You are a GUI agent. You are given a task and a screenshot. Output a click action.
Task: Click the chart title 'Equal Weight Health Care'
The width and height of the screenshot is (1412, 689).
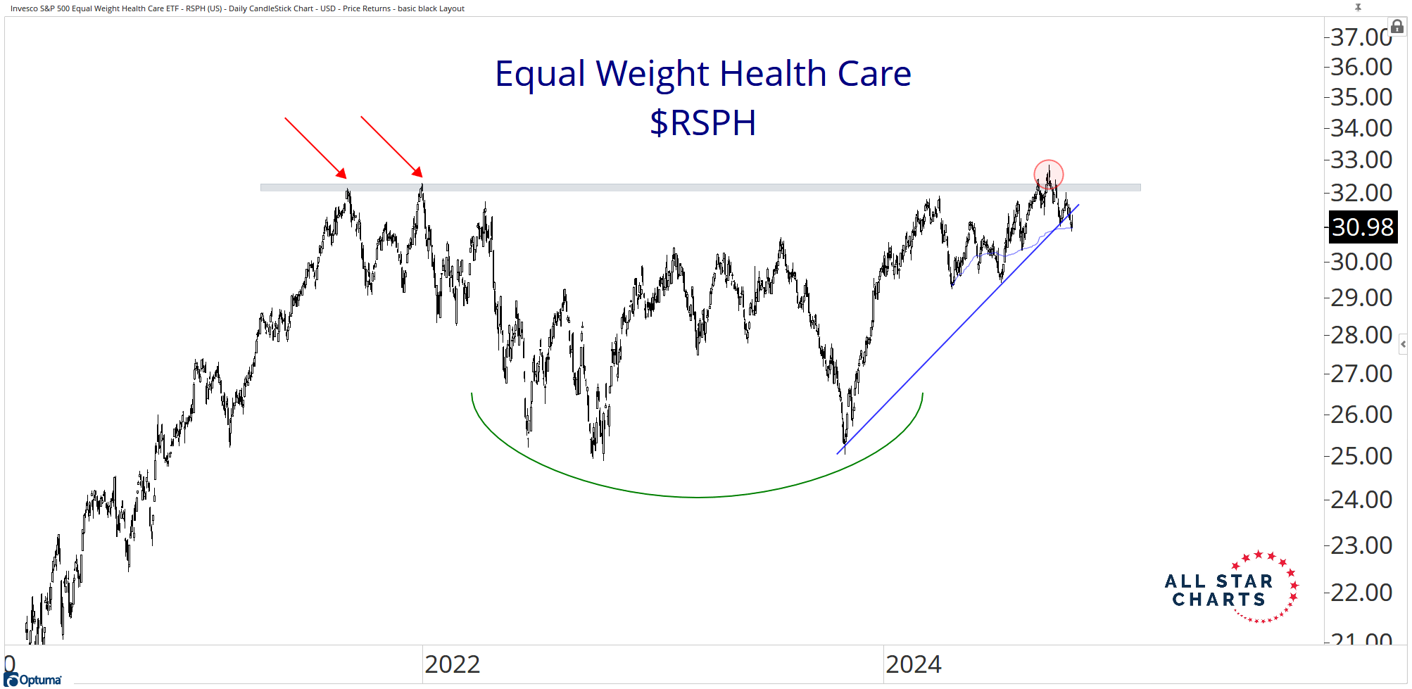tap(702, 74)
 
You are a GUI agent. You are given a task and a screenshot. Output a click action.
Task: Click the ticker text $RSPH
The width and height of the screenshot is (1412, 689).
tap(702, 123)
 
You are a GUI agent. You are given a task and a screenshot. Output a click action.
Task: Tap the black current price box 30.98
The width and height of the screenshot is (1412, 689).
tap(1362, 227)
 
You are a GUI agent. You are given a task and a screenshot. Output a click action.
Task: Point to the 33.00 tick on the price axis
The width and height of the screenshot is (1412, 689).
tap(1361, 160)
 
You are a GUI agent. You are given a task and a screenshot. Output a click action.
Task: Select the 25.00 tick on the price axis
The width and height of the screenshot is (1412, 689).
tap(1361, 456)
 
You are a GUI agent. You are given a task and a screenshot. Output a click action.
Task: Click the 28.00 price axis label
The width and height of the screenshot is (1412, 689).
tap(1361, 335)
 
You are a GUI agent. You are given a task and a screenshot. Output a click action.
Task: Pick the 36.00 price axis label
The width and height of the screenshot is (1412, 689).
tap(1361, 67)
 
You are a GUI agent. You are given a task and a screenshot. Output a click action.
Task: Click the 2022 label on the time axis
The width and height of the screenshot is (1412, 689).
tap(452, 664)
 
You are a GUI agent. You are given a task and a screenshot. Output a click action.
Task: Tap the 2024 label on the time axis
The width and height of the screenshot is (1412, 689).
tap(913, 664)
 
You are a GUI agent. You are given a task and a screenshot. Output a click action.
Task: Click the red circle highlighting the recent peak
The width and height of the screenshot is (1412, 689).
tap(1048, 174)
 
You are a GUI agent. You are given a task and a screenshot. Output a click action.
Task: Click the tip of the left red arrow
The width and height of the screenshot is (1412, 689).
tap(346, 177)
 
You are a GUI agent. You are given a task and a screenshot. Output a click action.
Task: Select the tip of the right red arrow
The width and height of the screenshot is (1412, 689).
tap(422, 176)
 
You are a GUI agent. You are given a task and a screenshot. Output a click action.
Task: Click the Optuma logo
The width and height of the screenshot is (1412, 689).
tap(33, 679)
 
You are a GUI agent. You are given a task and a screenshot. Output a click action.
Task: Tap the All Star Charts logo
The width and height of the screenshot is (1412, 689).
tap(1231, 588)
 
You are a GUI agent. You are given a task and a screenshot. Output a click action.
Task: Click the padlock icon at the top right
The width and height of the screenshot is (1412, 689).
tap(1397, 27)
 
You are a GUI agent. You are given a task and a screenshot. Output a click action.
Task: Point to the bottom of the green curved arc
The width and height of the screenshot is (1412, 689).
tap(697, 498)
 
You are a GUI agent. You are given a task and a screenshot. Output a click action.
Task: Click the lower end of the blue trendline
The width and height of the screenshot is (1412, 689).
tap(838, 453)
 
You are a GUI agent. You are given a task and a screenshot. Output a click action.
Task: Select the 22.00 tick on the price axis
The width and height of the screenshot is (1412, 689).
tap(1361, 593)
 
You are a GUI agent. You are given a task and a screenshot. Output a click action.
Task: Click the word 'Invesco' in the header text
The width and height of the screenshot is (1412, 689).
tap(24, 8)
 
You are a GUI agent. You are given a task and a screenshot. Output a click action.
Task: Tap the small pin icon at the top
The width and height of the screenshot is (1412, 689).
tap(1358, 7)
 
